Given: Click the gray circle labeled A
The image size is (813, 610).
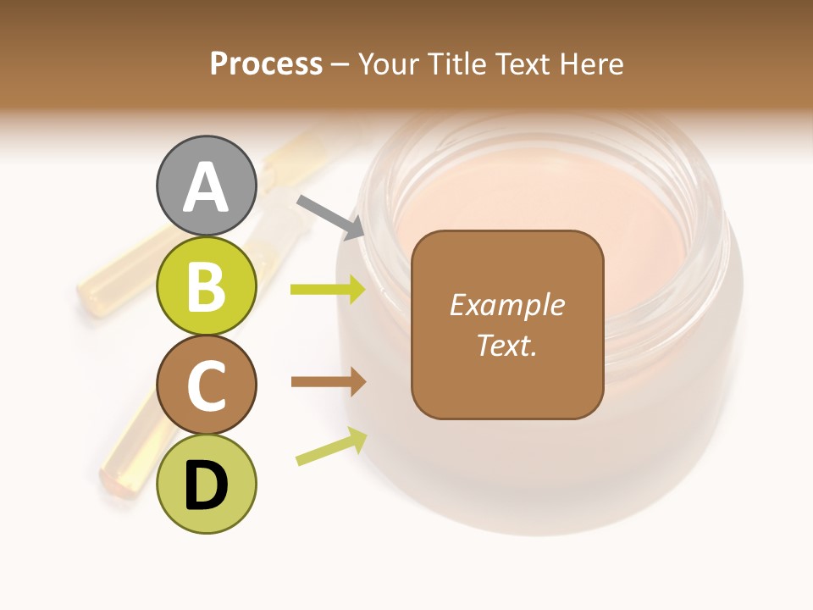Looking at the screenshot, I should click(x=206, y=186).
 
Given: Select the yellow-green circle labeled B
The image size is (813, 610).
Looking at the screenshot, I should click(x=206, y=286).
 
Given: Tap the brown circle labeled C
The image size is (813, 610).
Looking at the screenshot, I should click(x=206, y=385).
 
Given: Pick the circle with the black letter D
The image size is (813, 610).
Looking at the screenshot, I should click(x=206, y=484).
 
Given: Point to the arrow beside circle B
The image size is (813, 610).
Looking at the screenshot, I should click(x=328, y=290).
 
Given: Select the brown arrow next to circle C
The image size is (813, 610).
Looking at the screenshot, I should click(x=328, y=382).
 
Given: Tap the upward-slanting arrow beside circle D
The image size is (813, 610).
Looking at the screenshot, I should click(x=331, y=446).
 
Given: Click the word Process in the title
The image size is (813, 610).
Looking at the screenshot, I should click(x=266, y=64).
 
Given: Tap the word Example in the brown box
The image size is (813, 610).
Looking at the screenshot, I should click(x=506, y=305).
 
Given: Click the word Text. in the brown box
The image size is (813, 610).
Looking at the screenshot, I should click(x=506, y=345).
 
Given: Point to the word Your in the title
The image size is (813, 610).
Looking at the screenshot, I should click(x=389, y=64).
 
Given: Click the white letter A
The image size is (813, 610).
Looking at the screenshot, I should click(x=206, y=187).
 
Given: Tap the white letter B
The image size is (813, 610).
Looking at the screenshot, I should click(x=206, y=286).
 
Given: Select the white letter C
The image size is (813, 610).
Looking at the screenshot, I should click(x=206, y=385).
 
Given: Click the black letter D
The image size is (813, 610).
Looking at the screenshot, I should click(x=206, y=485).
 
